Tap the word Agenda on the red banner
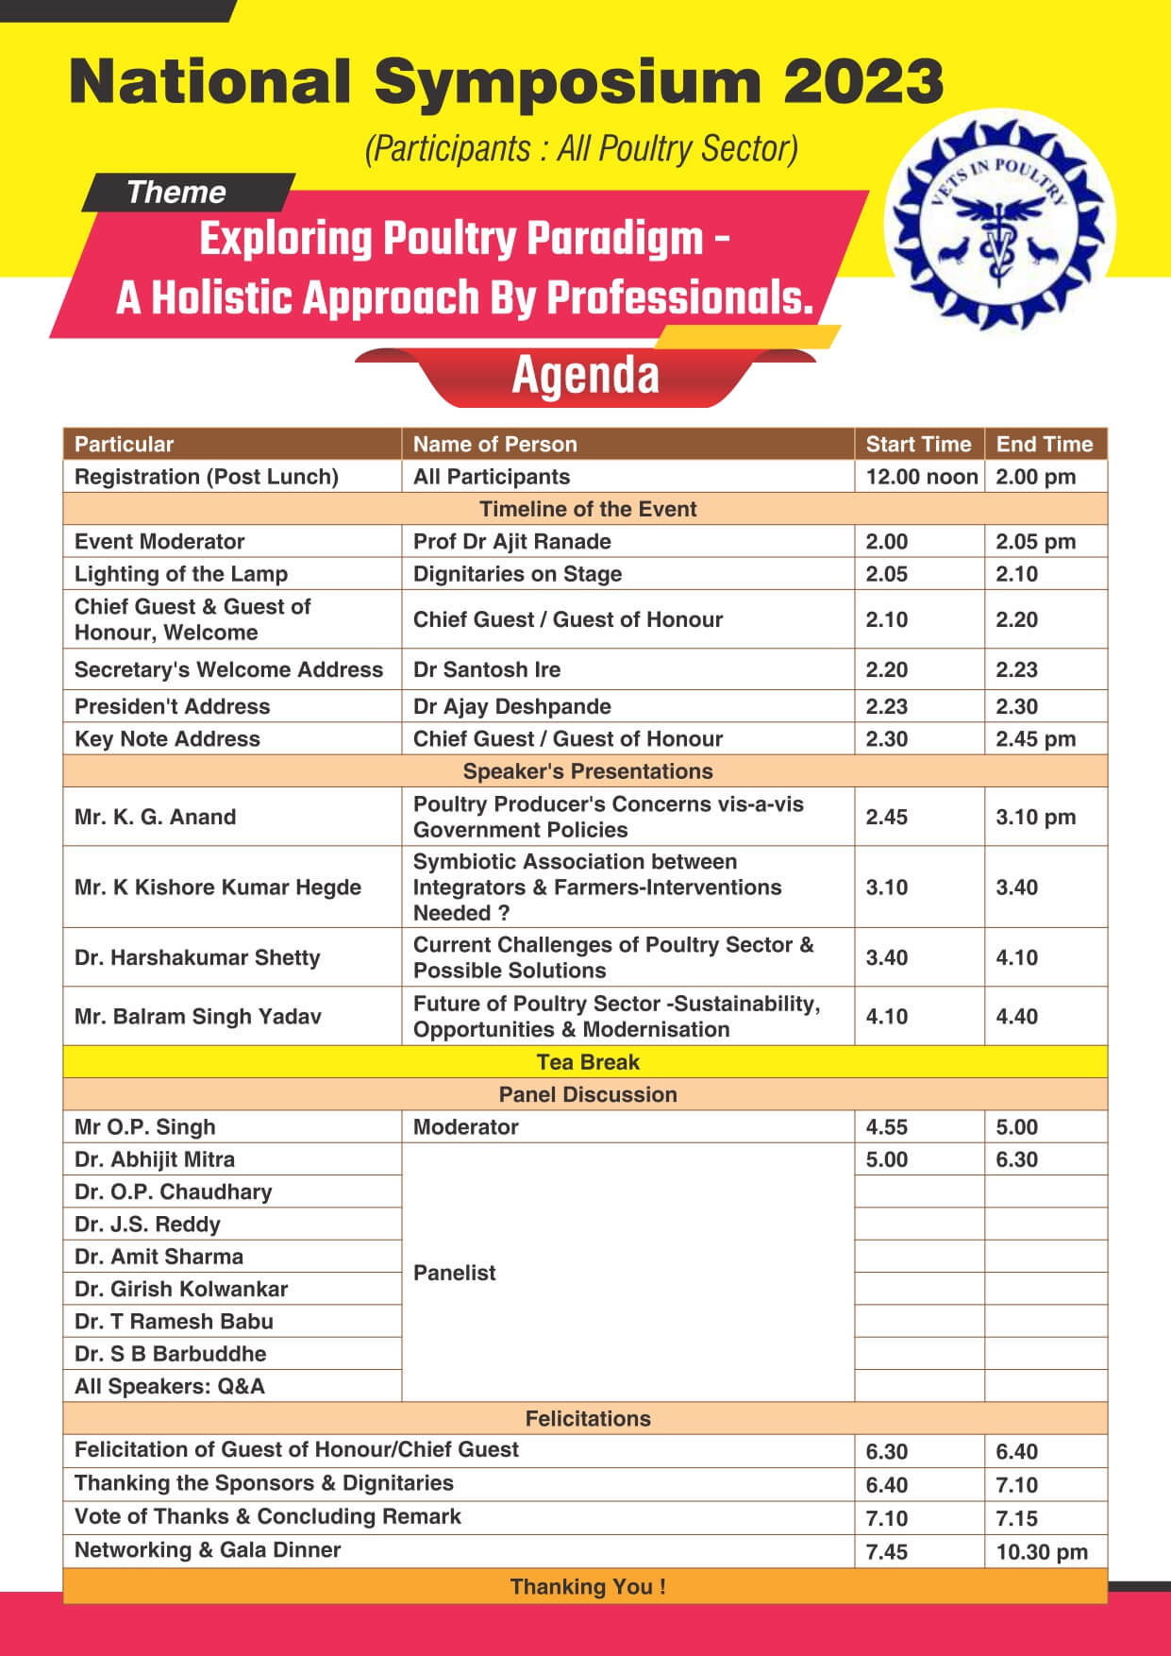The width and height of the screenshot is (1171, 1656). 585,376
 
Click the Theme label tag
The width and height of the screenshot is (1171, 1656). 176,193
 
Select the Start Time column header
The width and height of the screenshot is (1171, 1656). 918,444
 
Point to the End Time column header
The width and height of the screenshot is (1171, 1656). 1045,444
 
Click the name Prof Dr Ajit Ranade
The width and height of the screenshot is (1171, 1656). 512,541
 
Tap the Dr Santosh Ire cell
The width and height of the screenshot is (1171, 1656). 487,669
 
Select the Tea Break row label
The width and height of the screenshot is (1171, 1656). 587,1062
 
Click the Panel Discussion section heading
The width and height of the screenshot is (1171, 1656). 587,1094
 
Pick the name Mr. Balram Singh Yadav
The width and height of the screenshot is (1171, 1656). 198,1016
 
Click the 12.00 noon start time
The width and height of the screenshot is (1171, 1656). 921,477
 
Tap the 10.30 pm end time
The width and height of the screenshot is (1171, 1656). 1042,1552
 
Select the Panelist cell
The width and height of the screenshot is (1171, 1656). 455,1273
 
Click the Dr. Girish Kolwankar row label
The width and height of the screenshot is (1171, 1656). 181,1289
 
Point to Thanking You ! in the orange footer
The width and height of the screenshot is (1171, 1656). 587,1586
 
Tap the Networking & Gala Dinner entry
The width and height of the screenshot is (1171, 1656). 208,1550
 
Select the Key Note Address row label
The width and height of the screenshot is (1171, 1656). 167,738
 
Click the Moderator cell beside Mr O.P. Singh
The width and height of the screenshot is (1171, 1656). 466,1127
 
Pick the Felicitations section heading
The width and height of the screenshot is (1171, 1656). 587,1418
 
